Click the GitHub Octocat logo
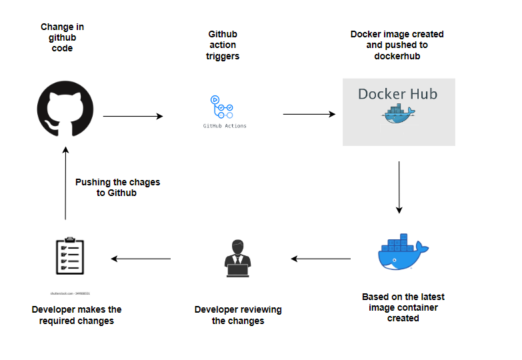[x=65, y=108]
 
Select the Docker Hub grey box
[x=399, y=112]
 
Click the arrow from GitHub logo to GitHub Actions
[x=133, y=116]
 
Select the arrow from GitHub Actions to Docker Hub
[x=309, y=114]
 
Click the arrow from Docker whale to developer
[x=321, y=259]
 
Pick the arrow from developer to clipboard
[x=141, y=259]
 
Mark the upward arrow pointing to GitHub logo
[x=65, y=183]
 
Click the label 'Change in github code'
[x=62, y=37]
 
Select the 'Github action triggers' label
[x=223, y=45]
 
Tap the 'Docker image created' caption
[x=397, y=45]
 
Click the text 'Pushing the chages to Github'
[x=117, y=187]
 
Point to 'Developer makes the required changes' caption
[x=77, y=315]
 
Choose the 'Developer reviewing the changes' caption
[x=238, y=315]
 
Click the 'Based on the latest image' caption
[x=403, y=307]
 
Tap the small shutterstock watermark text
[x=69, y=293]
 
